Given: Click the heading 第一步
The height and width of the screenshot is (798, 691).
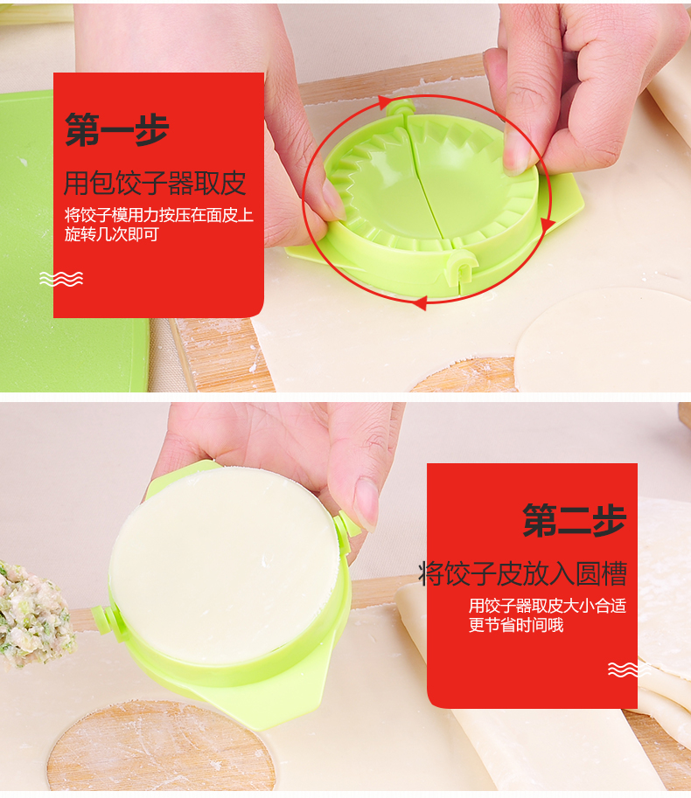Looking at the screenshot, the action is [116, 129].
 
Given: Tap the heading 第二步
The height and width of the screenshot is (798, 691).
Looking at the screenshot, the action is [574, 520].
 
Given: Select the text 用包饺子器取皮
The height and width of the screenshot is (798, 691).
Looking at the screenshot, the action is [155, 184].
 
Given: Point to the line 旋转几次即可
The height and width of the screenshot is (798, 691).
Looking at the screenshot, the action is [111, 234].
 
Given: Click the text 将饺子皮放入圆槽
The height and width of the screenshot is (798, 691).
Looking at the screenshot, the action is [522, 573].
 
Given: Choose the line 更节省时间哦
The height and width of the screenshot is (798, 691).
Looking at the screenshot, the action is [516, 625].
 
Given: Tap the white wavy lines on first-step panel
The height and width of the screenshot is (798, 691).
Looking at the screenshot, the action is [61, 279].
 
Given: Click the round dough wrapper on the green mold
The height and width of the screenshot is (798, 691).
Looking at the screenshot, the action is [224, 565].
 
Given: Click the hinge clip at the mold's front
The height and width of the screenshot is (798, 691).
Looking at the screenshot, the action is [461, 270].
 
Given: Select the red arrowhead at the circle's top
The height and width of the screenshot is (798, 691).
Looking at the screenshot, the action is [385, 104].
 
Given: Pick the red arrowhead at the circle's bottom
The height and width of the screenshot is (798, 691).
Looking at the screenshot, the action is [419, 303].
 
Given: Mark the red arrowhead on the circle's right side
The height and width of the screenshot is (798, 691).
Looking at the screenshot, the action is [548, 226].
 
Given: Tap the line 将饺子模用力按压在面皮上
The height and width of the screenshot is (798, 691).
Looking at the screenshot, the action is [159, 215].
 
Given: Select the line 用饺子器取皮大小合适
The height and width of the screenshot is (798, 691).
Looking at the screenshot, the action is [548, 606].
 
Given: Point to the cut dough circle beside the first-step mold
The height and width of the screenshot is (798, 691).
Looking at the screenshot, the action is [604, 340].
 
